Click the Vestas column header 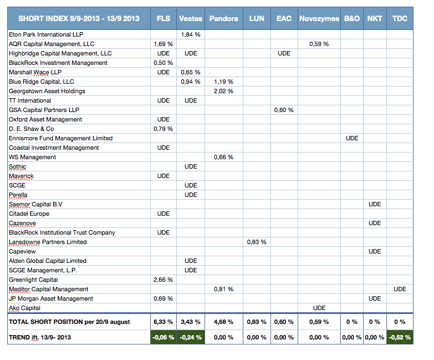click(191, 18)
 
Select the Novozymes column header click(319, 18)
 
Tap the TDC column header click(400, 18)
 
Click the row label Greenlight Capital click(33, 280)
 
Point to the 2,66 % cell click(164, 280)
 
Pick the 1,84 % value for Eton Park click(191, 34)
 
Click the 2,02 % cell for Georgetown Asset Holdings click(223, 91)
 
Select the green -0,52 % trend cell click(400, 337)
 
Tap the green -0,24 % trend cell click(191, 337)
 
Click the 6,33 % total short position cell click(164, 322)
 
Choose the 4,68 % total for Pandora click(223, 322)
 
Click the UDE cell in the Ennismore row click(352, 138)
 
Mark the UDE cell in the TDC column click(400, 289)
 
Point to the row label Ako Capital click(24, 308)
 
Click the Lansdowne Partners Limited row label click(48, 242)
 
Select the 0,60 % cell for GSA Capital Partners click(284, 110)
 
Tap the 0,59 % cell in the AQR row click(319, 44)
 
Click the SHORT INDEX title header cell click(79, 18)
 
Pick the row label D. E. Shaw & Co click(31, 129)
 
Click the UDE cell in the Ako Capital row click(319, 308)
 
